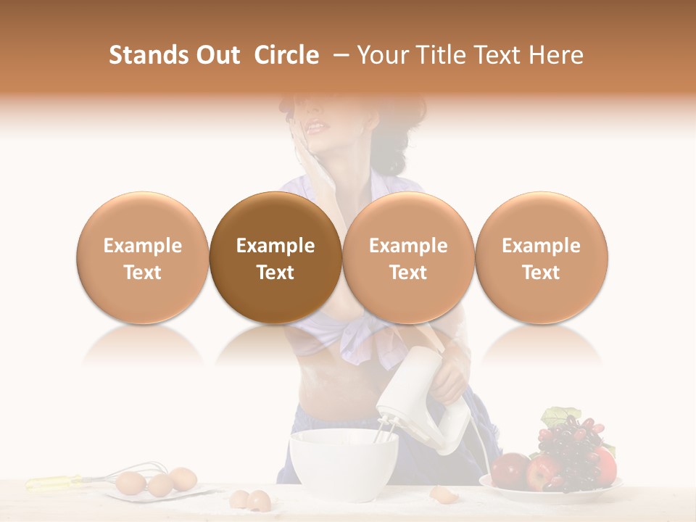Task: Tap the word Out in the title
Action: tap(217, 55)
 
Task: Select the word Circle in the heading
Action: tap(286, 55)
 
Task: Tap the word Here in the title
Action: tap(556, 55)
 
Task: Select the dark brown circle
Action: tap(275, 257)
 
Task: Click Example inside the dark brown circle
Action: tap(275, 246)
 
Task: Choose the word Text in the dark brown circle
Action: tap(275, 273)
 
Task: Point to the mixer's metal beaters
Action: tap(386, 431)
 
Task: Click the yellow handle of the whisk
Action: tap(54, 481)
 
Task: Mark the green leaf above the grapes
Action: tap(558, 417)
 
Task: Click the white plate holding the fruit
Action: tap(551, 493)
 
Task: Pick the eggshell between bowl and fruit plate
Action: tap(441, 494)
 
